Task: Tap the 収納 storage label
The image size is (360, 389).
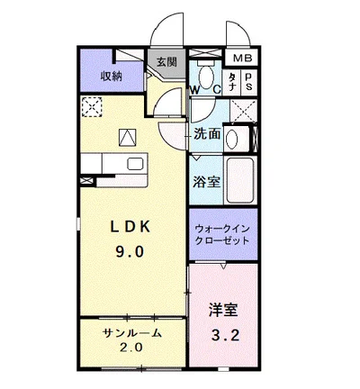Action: coord(111,76)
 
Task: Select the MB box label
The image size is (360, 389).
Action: coord(243,59)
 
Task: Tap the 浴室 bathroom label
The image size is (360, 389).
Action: coord(206,181)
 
